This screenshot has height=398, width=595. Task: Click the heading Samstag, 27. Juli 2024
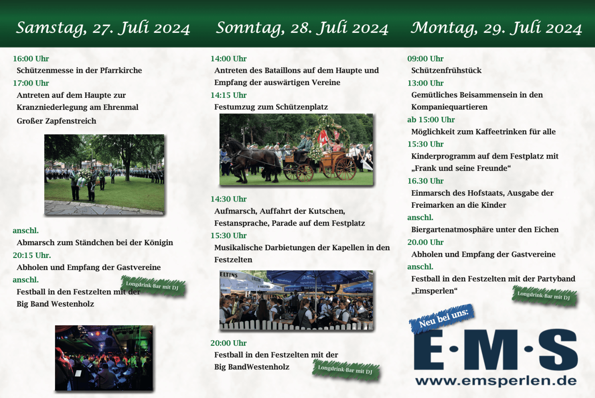click(103, 28)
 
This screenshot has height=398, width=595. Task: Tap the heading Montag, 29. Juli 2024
click(496, 28)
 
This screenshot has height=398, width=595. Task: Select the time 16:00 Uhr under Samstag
click(31, 59)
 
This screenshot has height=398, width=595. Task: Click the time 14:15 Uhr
click(229, 95)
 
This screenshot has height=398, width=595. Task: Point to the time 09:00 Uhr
click(425, 59)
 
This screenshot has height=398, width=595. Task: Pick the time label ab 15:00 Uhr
click(431, 120)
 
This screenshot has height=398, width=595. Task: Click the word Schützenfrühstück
click(446, 70)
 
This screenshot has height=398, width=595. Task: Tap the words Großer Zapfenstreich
click(56, 121)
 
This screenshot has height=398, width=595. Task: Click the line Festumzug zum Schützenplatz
click(271, 107)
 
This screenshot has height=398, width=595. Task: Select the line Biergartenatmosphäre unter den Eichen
click(485, 230)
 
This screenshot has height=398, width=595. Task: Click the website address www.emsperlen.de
click(496, 381)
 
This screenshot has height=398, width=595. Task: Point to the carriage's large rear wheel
click(346, 168)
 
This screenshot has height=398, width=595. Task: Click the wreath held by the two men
click(83, 178)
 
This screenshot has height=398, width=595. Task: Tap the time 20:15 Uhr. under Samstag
click(32, 255)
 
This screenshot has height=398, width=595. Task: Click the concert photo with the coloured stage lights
click(104, 358)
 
